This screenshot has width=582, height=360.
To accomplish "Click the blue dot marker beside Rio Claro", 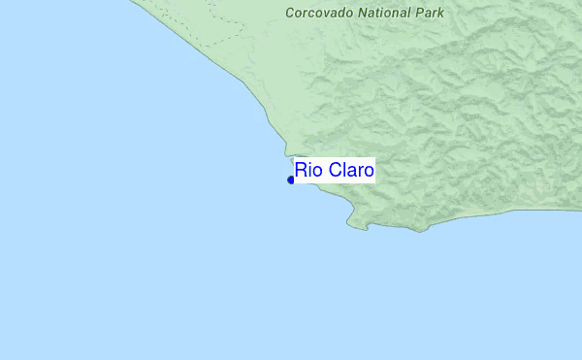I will click(291, 180).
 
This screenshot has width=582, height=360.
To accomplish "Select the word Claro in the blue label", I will click(350, 172).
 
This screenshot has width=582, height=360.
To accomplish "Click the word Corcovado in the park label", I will click(317, 14).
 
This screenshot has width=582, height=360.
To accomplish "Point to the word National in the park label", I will click(380, 14).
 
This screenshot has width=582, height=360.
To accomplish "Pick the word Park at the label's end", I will click(429, 14).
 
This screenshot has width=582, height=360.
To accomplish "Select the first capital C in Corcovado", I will click(290, 14).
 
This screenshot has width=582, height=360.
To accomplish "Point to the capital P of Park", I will click(419, 14).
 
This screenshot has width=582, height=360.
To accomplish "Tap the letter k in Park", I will click(440, 14).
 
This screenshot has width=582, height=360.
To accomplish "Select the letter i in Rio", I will click(309, 172).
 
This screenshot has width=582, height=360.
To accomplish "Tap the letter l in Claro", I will click(340, 172).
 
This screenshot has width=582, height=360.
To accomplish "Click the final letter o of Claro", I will click(368, 172).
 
